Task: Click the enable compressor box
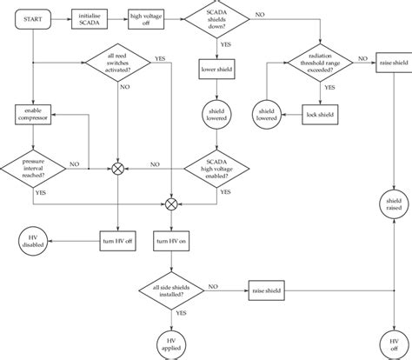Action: click(x=33, y=114)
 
